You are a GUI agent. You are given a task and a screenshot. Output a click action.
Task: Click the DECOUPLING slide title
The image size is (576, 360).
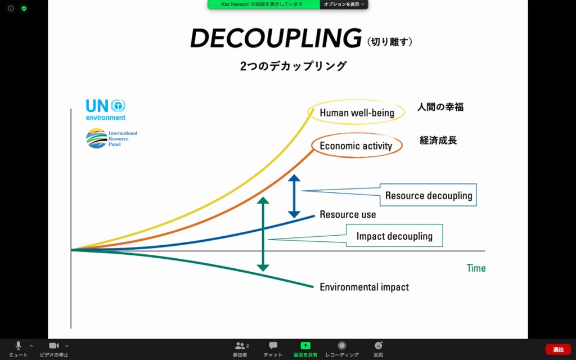click(276, 38)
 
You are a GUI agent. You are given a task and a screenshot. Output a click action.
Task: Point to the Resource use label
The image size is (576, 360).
click(348, 214)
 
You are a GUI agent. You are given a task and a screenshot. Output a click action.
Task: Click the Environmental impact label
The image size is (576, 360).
click(364, 287)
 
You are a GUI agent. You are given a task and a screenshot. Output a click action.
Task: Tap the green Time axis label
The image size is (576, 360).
click(476, 268)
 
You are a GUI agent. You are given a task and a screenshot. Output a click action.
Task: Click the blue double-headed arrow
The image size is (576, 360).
click(294, 196)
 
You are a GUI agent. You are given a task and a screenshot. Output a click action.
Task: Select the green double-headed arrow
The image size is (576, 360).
click(263, 234)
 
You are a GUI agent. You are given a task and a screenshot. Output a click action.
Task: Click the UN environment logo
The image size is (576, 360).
click(106, 110)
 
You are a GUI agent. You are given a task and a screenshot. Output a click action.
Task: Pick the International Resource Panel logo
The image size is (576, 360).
click(112, 138)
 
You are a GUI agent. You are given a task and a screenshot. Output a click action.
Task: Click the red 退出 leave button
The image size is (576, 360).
click(559, 349)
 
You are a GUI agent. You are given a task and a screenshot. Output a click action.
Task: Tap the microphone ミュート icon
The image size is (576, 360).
click(18, 345)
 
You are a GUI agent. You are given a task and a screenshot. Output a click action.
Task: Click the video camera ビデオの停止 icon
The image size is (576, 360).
click(54, 345)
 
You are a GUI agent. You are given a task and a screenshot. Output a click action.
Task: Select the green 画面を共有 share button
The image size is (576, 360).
click(305, 346)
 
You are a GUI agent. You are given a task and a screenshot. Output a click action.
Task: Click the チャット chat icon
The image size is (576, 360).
click(273, 345)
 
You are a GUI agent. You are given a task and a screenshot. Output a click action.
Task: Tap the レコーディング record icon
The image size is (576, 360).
click(342, 345)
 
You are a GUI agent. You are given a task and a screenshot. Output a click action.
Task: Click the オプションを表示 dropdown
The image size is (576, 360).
click(344, 4)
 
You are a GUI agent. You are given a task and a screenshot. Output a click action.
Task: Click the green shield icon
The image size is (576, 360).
click(24, 8)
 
